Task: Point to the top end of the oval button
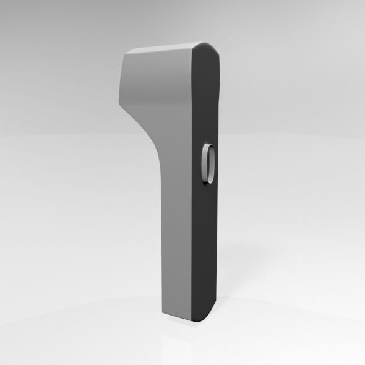point(209,146)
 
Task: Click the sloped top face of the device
point(167,49)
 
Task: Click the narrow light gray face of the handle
point(176,235)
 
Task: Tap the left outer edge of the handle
point(162,235)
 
